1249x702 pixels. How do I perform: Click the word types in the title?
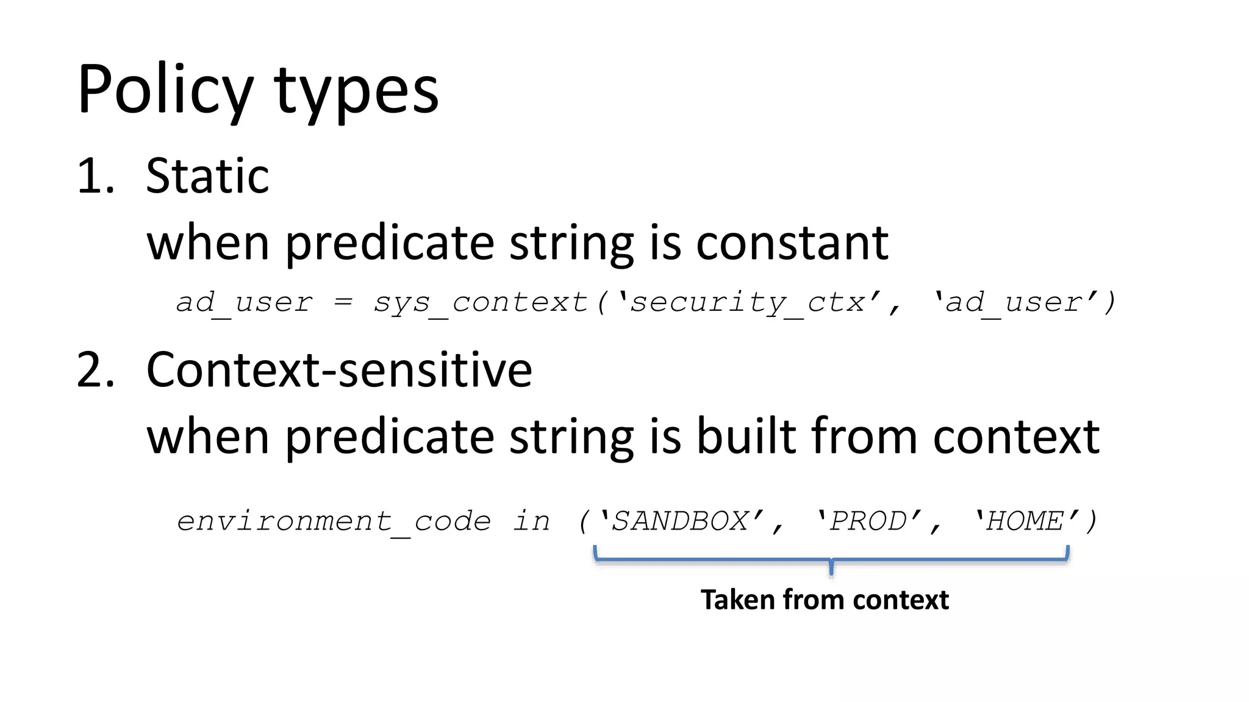click(356, 91)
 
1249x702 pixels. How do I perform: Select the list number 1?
click(95, 177)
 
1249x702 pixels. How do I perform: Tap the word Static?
click(207, 177)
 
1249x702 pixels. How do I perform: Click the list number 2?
click(95, 370)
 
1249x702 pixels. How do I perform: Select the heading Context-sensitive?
click(339, 370)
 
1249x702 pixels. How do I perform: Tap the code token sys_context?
click(480, 302)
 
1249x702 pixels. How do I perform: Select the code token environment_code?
click(334, 522)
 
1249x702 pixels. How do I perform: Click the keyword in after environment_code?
click(531, 522)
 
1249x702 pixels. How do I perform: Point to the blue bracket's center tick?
click(831, 568)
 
